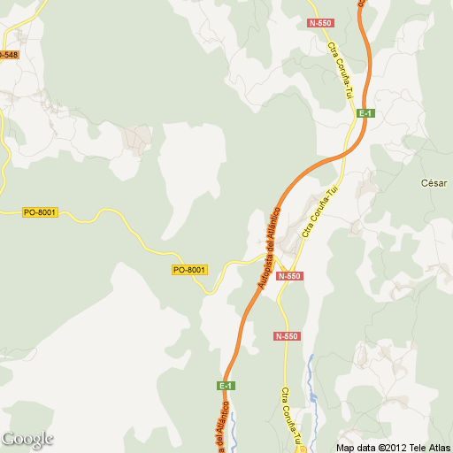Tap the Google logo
(27, 439)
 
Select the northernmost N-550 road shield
(319, 22)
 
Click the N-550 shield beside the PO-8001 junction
(289, 277)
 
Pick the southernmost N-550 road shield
(287, 337)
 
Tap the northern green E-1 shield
(366, 113)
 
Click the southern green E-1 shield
(226, 386)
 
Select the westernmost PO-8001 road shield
(40, 212)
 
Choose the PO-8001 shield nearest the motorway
(189, 270)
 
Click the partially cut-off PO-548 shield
(9, 55)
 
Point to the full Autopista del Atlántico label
(269, 248)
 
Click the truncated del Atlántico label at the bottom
(220, 429)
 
